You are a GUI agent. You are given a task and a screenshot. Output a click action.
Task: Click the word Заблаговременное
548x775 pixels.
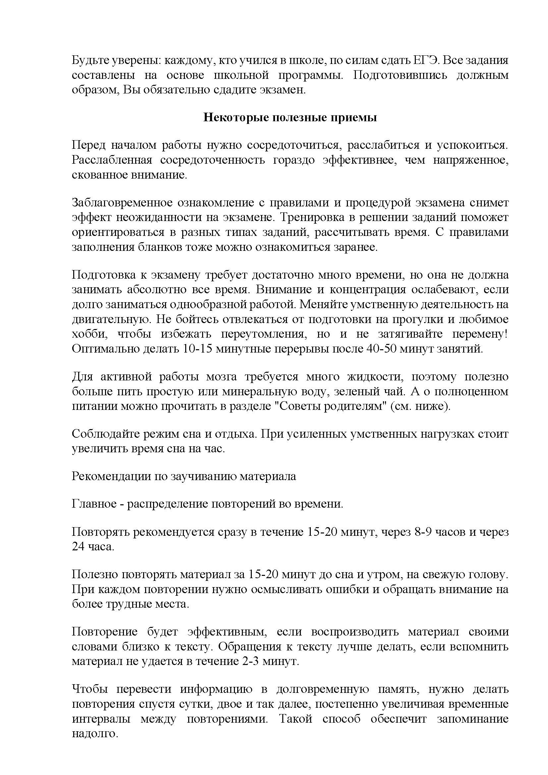(123, 203)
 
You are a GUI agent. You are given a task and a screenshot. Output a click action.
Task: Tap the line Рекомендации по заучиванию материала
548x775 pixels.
(184, 476)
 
